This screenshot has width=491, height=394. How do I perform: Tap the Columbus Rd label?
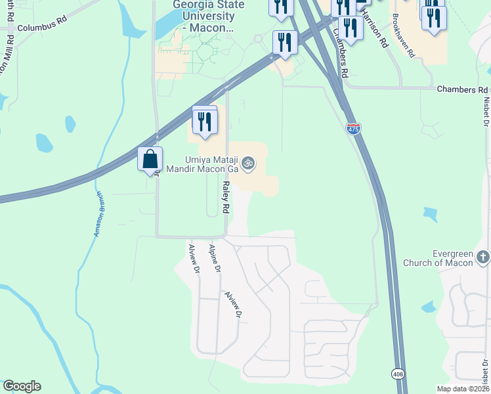43,29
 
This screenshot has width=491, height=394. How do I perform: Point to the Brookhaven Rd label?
403,36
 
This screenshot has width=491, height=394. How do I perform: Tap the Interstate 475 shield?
354,129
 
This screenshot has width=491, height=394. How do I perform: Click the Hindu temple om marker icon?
247,162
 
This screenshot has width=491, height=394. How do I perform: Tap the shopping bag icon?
150,160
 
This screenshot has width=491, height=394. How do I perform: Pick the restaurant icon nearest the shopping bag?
205,121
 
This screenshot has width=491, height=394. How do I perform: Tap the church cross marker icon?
483,256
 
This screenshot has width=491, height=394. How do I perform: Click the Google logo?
22,386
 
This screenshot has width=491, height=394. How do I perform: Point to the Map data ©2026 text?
462,388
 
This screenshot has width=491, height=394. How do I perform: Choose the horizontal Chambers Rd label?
462,89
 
